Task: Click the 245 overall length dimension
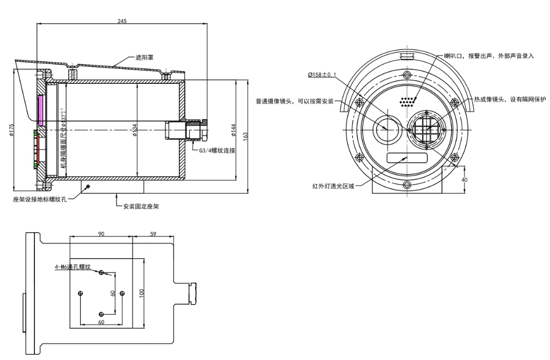tap(122, 21)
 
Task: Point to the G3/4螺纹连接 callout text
tap(217, 150)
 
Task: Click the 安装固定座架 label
tap(141, 206)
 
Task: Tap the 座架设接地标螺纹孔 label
tap(41, 198)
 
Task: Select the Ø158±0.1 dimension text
tap(321, 75)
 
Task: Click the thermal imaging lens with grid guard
tap(426, 129)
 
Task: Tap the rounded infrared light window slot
tap(407, 157)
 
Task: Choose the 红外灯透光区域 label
tap(334, 186)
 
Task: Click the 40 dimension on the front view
tap(465, 179)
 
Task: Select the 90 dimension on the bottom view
tap(101, 234)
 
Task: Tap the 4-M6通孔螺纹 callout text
tap(74, 267)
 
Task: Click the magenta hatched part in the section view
tap(41, 107)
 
